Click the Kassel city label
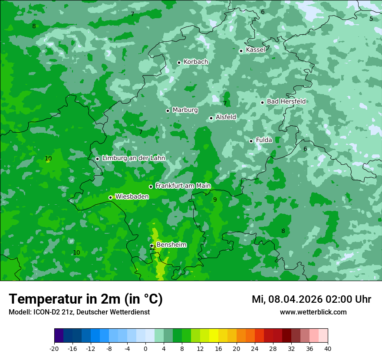pyautogui.click(x=255, y=50)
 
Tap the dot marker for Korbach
pyautogui.click(x=179, y=62)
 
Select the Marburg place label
pyautogui.click(x=185, y=110)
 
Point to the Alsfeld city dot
pyautogui.click(x=211, y=118)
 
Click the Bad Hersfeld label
pyautogui.click(x=286, y=101)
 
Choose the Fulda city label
pyautogui.click(x=264, y=140)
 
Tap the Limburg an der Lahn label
pyautogui.click(x=133, y=158)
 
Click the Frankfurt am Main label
pyautogui.click(x=183, y=186)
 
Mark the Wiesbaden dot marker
pyautogui.click(x=110, y=197)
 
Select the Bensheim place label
pyautogui.click(x=171, y=245)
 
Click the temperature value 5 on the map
pyautogui.click(x=371, y=19)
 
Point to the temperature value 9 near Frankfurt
pyautogui.click(x=215, y=200)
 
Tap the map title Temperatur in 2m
pyautogui.click(x=86, y=299)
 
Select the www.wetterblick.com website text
pyautogui.click(x=313, y=312)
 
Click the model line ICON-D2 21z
pyautogui.click(x=79, y=312)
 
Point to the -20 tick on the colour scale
pyautogui.click(x=54, y=348)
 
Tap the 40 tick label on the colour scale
pyautogui.click(x=327, y=348)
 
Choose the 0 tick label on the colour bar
pyautogui.click(x=145, y=348)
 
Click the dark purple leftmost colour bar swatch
pyautogui.click(x=59, y=336)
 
